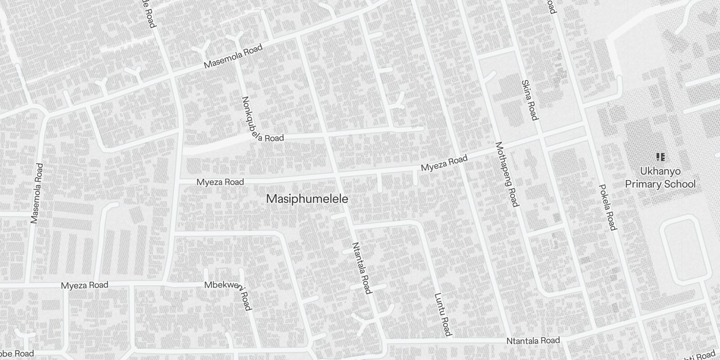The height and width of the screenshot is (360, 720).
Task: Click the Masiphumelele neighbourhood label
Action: click(x=307, y=199)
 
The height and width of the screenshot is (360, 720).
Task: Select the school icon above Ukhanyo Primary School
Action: click(x=661, y=157)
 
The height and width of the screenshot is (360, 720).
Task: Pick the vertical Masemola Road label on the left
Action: click(x=36, y=193)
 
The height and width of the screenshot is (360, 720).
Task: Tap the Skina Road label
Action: click(x=529, y=100)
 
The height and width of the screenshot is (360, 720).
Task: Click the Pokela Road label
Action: click(x=607, y=207)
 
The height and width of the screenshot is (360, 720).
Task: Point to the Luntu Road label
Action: click(x=442, y=315)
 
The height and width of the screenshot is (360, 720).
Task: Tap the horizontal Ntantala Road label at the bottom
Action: click(x=533, y=341)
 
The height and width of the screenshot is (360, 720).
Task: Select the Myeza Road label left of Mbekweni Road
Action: click(x=85, y=285)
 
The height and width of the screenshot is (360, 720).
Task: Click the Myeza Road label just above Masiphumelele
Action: click(x=220, y=182)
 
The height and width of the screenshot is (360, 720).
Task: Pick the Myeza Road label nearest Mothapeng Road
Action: click(x=444, y=163)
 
